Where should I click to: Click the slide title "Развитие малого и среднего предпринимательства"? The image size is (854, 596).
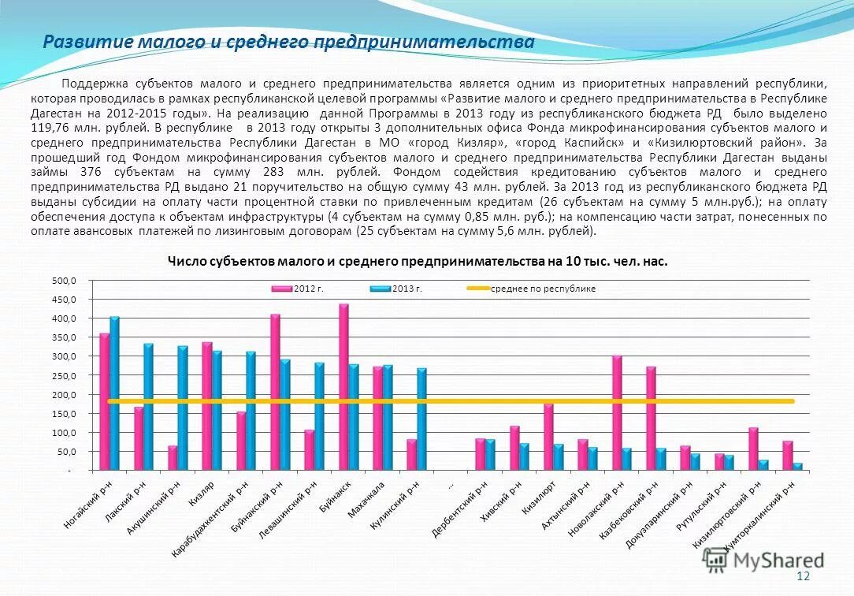tap(288, 42)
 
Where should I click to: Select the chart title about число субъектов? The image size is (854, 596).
tap(418, 261)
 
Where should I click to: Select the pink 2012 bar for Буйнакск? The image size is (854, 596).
tap(343, 387)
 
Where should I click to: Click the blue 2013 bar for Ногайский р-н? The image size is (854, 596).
tap(114, 393)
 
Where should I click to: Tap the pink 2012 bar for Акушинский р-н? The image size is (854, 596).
tap(173, 458)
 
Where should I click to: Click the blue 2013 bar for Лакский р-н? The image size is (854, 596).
tap(149, 407)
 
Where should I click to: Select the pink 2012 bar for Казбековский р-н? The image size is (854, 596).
tap(651, 419)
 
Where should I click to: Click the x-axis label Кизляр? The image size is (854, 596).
tap(201, 492)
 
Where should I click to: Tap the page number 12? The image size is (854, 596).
tap(804, 577)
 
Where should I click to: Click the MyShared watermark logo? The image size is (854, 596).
tap(764, 561)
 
